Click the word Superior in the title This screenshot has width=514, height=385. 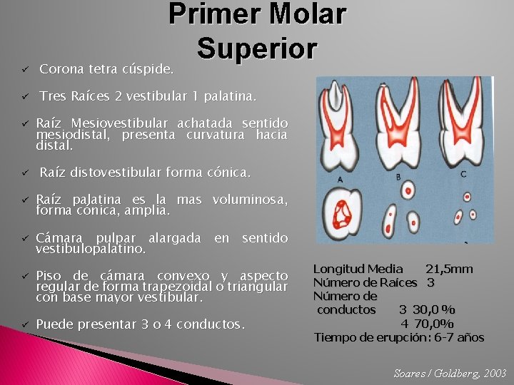point(257,48)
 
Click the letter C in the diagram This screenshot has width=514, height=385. point(463,173)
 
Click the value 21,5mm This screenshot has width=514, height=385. point(449,269)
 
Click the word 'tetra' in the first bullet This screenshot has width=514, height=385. point(105,69)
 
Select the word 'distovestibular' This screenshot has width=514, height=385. point(116,172)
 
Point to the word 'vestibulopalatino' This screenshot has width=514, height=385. point(91,250)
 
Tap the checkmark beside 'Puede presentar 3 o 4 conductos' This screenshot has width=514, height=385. point(23,324)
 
